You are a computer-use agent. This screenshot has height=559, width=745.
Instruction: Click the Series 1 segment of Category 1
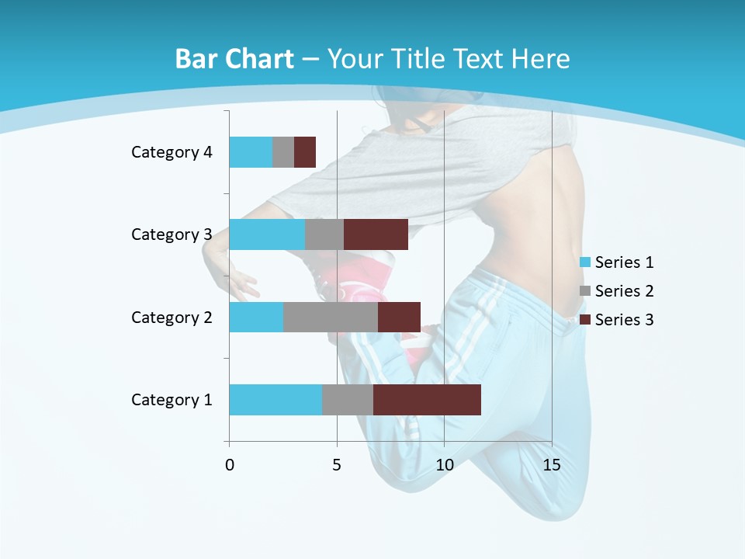[x=275, y=400]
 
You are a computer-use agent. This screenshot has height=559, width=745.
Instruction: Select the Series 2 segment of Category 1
[x=348, y=400]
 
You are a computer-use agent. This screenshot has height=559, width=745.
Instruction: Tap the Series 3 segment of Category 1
[x=427, y=400]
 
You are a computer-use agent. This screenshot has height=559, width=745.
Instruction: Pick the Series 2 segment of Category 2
[x=331, y=317]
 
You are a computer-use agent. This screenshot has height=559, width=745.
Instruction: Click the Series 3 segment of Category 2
[x=399, y=317]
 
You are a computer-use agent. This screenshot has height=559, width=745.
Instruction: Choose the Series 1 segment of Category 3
[x=267, y=234]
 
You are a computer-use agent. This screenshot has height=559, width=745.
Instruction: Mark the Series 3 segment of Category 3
[x=376, y=234]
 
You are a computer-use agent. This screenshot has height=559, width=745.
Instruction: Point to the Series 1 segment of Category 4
[x=251, y=152]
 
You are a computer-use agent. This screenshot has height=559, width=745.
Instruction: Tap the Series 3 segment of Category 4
[x=305, y=152]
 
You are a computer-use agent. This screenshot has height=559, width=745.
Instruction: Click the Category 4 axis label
[x=172, y=152]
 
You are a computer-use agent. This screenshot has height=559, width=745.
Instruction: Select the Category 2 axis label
[x=172, y=317]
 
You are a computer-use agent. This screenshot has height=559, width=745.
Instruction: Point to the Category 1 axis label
[x=172, y=400]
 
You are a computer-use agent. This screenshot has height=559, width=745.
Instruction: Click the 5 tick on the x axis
[x=337, y=465]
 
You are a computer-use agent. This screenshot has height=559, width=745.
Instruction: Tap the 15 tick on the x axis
[x=551, y=465]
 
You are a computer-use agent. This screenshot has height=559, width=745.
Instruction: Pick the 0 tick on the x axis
[x=230, y=465]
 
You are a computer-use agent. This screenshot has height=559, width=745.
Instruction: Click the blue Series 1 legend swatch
[x=585, y=262]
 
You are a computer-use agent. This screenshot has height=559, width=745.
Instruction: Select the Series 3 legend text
[x=624, y=320]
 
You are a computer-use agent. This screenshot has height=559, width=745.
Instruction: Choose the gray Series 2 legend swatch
[x=585, y=291]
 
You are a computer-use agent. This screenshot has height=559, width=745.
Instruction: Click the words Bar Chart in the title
[x=234, y=59]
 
